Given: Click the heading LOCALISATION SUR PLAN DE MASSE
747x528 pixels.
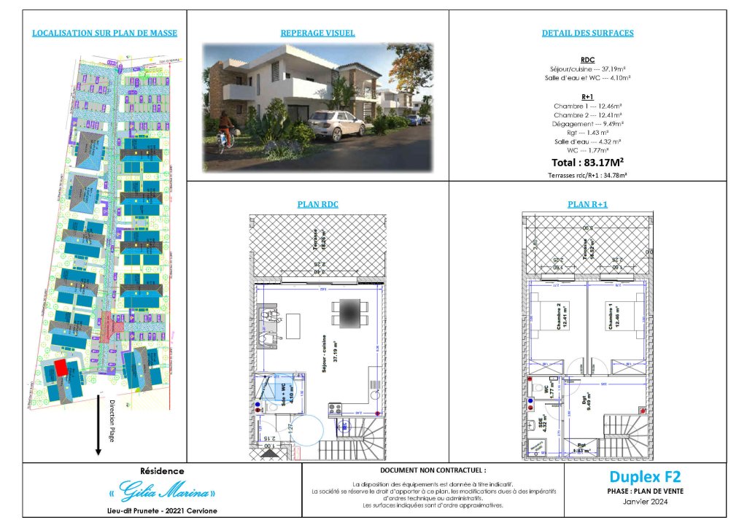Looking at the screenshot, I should tap(104, 34).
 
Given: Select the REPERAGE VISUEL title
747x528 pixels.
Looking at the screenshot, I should tap(318, 34).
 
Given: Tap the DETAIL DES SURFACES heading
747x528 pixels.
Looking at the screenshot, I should tap(587, 34).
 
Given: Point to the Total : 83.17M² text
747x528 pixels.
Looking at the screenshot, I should tap(587, 162).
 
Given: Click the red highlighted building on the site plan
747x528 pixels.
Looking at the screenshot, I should tap(62, 368).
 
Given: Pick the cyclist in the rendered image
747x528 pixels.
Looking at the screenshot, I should tap(225, 138).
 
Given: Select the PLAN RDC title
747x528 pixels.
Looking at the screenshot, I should tap(318, 205).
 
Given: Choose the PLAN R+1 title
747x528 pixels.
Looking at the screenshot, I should tap(587, 205).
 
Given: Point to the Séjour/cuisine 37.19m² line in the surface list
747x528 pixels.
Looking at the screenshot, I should tap(587, 68).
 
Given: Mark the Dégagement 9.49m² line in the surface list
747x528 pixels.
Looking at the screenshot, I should tap(587, 123).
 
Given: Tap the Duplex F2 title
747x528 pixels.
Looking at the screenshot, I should tap(645, 477).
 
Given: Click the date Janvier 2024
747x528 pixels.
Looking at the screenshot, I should tap(645, 502).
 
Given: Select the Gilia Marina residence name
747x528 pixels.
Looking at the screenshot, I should tap(162, 489).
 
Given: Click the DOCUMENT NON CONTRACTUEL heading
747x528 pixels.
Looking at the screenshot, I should tap(433, 471).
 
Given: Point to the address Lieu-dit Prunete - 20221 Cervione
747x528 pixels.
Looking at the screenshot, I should tap(162, 510).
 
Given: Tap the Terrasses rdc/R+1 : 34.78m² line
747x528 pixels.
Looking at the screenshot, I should tap(587, 176).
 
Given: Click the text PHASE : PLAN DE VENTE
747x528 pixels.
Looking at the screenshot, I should tap(645, 492).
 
